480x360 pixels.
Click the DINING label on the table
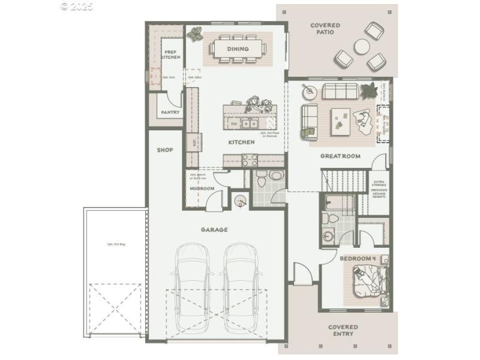coord(238,49)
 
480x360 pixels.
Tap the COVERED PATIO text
coord(325,28)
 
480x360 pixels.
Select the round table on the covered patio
coord(362,46)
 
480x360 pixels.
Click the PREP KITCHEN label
coord(171,55)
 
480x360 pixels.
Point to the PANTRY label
coord(170,112)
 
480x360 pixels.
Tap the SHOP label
coord(165,150)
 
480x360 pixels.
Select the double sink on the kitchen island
coord(250,124)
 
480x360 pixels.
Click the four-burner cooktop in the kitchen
coord(249,160)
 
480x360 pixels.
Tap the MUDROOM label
coord(202,188)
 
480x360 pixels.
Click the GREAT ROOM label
coord(340,156)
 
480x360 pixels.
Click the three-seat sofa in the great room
coord(340,91)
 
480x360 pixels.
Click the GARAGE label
coord(214,230)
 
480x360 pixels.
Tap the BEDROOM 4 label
coord(358,259)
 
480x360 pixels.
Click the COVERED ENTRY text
coord(343,331)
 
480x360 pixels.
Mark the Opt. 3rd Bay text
coord(116,245)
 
